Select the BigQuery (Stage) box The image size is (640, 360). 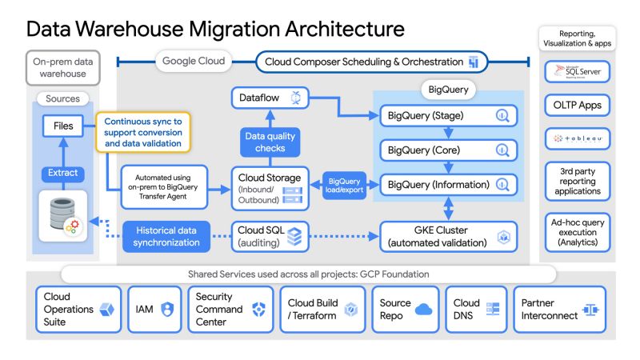click(448, 115)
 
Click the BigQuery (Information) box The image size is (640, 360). click(448, 184)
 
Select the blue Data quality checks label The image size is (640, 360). click(270, 142)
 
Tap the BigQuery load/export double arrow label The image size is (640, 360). click(345, 184)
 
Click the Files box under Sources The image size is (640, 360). click(63, 126)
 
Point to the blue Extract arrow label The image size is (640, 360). click(63, 173)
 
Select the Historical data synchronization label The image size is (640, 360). click(167, 236)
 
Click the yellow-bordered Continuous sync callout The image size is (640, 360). click(144, 132)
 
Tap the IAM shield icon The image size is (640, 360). click(167, 310)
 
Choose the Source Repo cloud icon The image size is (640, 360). click(423, 310)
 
